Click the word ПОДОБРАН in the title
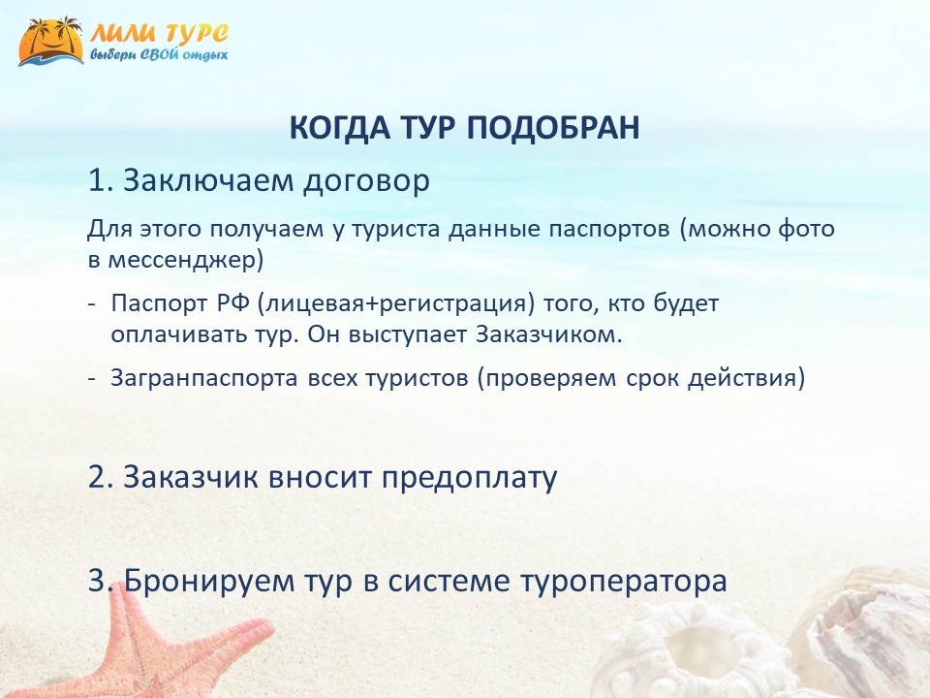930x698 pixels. tap(553, 127)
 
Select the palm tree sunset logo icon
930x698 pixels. tap(51, 41)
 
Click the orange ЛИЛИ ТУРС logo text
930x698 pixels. tap(159, 33)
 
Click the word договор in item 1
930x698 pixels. tap(366, 181)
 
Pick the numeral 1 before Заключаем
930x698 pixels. tap(97, 180)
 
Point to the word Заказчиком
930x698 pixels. tap(548, 334)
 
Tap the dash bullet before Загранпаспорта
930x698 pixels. tap(92, 379)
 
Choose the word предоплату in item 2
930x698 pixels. tap(469, 477)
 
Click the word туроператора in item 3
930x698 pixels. tap(623, 581)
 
